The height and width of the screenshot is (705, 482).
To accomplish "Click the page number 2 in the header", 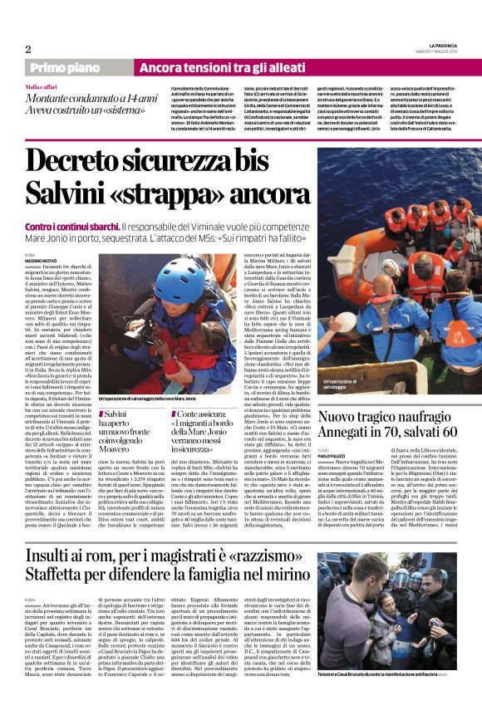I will pos(27,49).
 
